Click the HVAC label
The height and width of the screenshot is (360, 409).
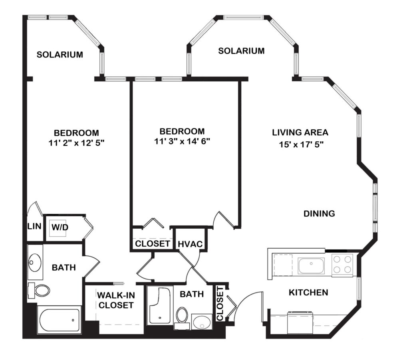click(190, 244)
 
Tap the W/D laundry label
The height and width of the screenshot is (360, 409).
click(60, 227)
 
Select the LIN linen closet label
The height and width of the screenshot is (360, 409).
click(34, 226)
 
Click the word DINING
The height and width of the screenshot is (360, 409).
click(319, 214)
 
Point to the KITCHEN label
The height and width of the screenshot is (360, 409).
click(308, 293)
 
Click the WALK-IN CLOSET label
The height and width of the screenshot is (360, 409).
click(116, 300)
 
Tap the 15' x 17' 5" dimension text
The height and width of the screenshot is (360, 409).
click(301, 144)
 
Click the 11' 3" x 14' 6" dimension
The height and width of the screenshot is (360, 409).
click(182, 141)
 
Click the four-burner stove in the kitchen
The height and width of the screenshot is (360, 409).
click(342, 264)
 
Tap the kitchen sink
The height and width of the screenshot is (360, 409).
click(311, 266)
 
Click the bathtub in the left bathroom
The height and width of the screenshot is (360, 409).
click(59, 320)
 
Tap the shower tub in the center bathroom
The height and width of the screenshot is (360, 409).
click(160, 305)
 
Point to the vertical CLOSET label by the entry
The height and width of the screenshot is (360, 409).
click(220, 303)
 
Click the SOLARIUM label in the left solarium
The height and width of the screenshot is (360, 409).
click(60, 55)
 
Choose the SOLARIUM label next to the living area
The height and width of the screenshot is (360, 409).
click(241, 51)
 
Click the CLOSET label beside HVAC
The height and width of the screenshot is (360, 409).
click(153, 244)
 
